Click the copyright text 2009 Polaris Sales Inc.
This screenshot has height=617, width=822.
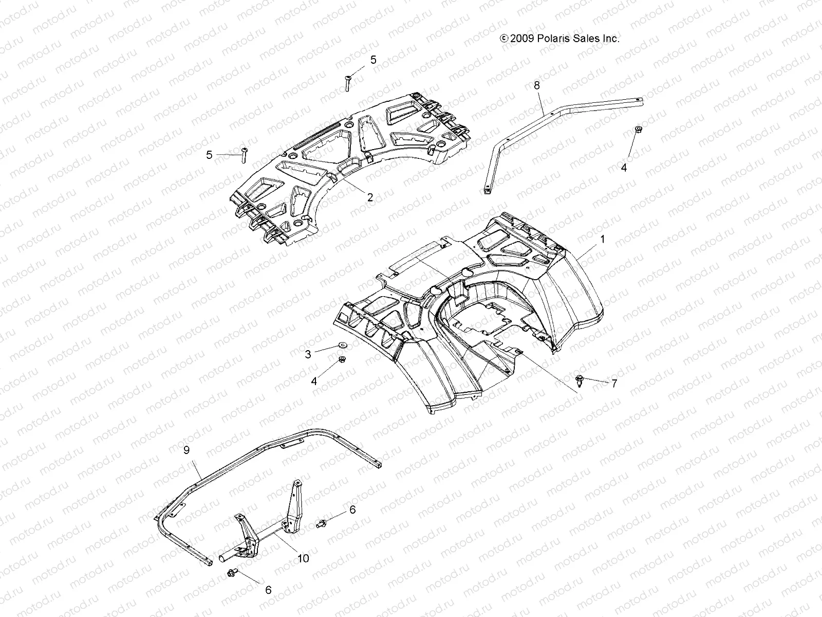pyautogui.click(x=560, y=39)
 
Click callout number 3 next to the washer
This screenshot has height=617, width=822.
pyautogui.click(x=308, y=354)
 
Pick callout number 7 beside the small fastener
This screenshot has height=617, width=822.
pyautogui.click(x=613, y=383)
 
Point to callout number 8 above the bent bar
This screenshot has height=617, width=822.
pyautogui.click(x=537, y=85)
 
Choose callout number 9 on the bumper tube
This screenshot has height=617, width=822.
pyautogui.click(x=186, y=450)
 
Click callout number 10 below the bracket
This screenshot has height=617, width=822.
pyautogui.click(x=304, y=558)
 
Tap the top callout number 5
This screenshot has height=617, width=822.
pyautogui.click(x=373, y=60)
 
